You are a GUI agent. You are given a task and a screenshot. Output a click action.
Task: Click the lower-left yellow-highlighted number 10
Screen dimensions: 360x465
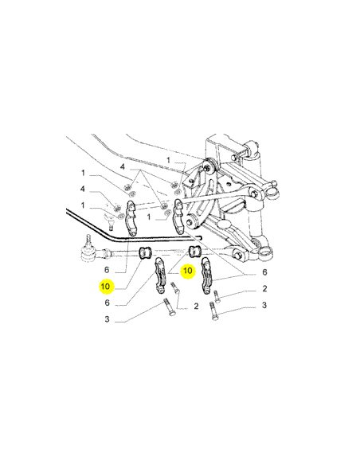(x=106, y=287)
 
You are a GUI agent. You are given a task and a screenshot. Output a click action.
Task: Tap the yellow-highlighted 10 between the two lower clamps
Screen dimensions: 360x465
(x=188, y=271)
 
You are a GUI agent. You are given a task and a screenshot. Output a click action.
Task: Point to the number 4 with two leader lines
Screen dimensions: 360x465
(x=123, y=167)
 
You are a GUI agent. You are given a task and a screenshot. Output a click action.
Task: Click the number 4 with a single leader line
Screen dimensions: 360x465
(x=83, y=189)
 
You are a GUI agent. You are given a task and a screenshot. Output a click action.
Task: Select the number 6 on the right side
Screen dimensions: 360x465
(x=264, y=272)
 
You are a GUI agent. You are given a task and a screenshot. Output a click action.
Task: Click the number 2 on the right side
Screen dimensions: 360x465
(x=264, y=288)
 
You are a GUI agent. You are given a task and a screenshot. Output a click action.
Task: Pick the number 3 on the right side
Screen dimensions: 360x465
(x=264, y=305)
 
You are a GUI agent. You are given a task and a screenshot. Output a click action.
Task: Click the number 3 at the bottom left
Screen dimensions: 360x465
(x=107, y=319)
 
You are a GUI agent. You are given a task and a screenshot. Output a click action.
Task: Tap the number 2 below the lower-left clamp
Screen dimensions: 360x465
(x=196, y=306)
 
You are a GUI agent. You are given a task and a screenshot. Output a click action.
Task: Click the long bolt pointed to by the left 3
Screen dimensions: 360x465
(x=169, y=307)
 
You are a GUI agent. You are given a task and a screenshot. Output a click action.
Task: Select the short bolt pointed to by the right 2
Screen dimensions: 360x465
(x=217, y=296)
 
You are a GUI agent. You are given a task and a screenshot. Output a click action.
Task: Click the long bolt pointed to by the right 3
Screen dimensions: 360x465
(x=213, y=311)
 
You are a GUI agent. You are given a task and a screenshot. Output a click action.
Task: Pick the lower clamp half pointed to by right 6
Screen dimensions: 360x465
(x=206, y=275)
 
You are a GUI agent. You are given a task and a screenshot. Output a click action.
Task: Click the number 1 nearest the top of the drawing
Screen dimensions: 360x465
(x=168, y=160)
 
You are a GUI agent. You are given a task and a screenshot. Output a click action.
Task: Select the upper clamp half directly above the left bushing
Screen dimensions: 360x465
(x=131, y=218)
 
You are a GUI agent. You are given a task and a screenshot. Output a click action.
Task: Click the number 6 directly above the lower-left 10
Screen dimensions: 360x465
(x=107, y=270)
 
